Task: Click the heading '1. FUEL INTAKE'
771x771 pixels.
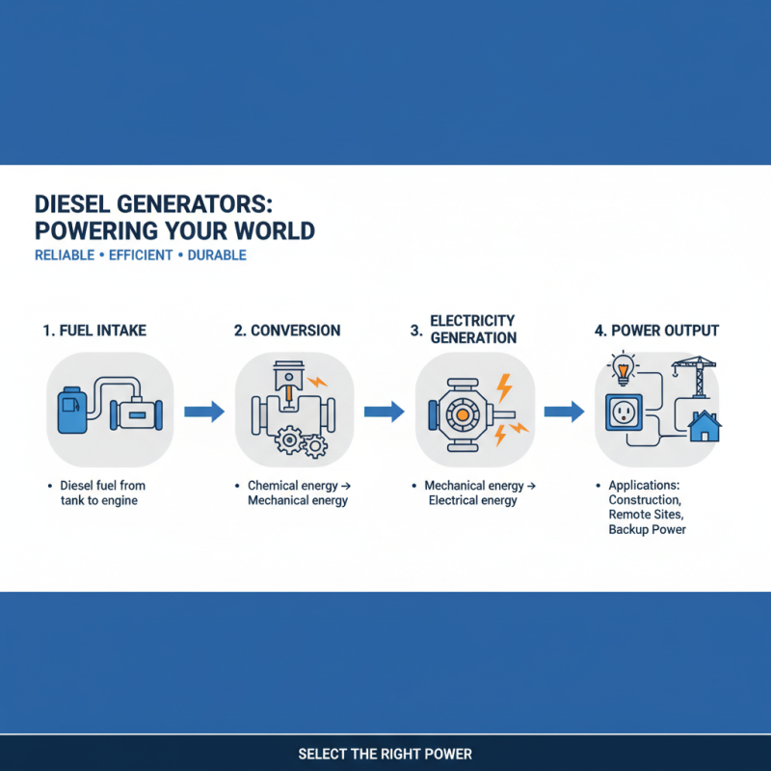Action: pos(94,331)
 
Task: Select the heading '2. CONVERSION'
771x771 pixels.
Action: pos(287,331)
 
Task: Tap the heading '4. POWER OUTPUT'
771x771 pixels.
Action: pos(656,331)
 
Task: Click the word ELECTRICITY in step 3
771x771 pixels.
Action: pos(472,320)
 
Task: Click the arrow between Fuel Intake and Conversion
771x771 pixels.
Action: pos(203,412)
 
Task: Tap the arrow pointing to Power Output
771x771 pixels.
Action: pos(564,412)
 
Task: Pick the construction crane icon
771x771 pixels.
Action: pos(690,375)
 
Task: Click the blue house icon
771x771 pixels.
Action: pos(705,425)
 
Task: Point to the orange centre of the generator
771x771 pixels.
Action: pos(463,413)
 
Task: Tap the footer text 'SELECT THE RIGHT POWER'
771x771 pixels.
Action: pos(385,754)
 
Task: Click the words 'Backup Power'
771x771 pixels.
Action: pos(647,530)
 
